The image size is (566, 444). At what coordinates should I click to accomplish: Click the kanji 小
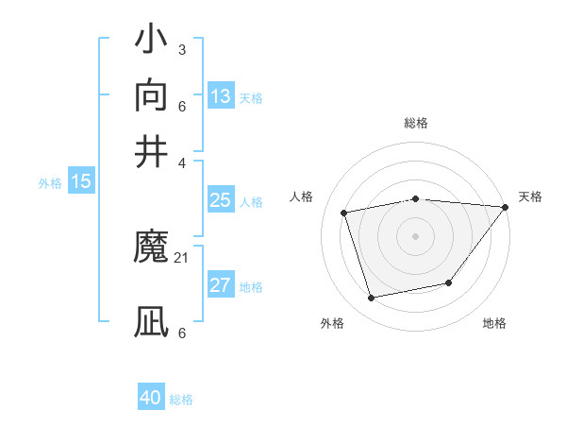click(152, 43)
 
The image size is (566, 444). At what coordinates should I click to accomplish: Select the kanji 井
click(152, 150)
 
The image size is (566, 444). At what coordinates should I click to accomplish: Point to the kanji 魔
click(152, 248)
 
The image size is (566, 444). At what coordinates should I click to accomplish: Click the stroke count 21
click(182, 257)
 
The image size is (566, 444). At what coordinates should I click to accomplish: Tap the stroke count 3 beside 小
click(181, 49)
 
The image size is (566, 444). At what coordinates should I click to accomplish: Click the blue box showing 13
click(221, 95)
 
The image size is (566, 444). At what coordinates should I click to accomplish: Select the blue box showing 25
click(221, 200)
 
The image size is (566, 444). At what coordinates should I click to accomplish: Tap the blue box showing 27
click(221, 286)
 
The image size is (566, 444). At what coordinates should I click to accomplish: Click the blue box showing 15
click(81, 182)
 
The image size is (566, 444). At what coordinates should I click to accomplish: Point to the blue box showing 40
click(151, 398)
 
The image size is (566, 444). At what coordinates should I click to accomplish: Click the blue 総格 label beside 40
click(181, 400)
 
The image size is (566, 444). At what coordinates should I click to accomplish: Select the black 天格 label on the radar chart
click(530, 196)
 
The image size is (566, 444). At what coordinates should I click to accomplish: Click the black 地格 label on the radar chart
click(494, 324)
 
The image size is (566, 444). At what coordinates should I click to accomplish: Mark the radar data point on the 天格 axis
click(505, 207)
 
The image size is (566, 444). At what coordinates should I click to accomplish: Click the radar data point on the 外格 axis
click(372, 299)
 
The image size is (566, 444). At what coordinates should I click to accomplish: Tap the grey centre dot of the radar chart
click(415, 236)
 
